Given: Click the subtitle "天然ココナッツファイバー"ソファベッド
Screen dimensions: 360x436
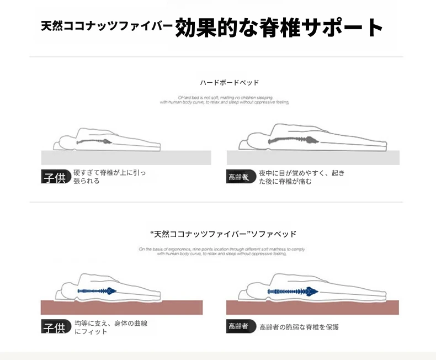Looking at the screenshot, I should point(223,234).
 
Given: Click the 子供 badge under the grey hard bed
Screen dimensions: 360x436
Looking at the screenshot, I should point(55,177).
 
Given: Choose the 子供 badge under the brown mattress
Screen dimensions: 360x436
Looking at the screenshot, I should point(55,327).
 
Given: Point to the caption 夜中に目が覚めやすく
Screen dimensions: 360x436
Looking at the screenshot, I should point(301,177).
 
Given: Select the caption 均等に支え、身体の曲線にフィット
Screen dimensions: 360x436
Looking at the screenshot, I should point(110,327).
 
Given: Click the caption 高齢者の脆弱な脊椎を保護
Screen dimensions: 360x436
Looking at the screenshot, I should point(299,327).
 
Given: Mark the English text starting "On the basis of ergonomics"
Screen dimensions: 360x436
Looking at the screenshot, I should point(222,251).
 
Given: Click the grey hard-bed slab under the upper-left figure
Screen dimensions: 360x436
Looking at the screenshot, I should point(126,157).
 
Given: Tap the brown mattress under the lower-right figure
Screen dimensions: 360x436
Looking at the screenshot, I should point(312,307).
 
